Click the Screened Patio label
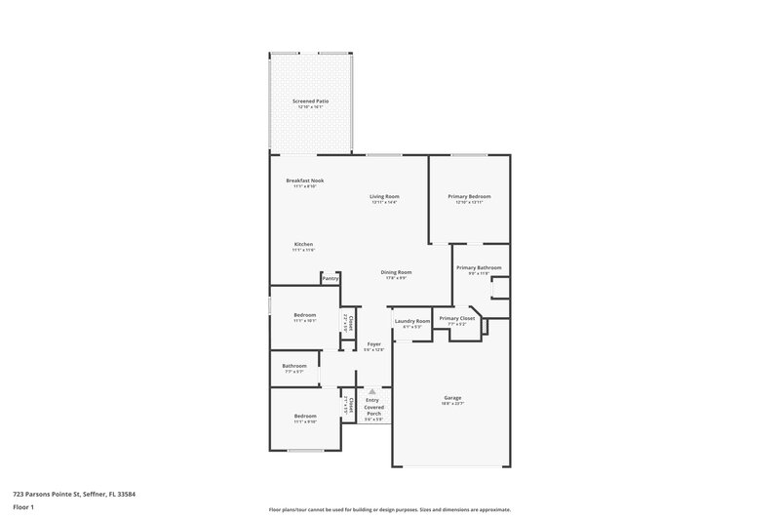[310, 100]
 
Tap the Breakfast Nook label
[305, 180]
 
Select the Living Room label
[384, 197]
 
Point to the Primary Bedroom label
[469, 197]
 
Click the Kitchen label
[304, 244]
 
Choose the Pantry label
[331, 278]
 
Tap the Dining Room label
[396, 272]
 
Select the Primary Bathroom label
[477, 267]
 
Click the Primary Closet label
[456, 318]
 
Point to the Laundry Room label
[411, 322]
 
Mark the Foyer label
[374, 344]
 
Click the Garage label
[452, 398]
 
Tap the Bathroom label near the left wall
[294, 366]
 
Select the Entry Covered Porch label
[373, 407]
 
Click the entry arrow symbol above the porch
[372, 389]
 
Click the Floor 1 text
[17, 508]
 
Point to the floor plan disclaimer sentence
[389, 509]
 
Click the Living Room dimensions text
[384, 203]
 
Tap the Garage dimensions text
[452, 404]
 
